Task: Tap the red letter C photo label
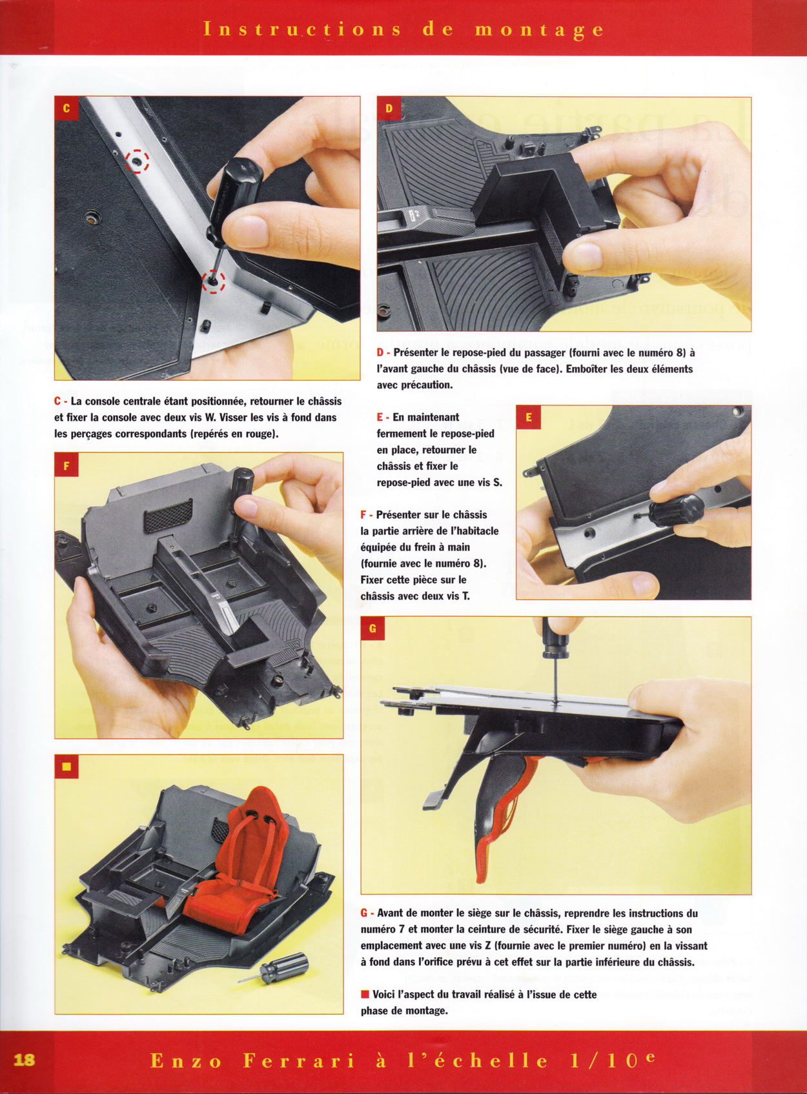pos(66,108)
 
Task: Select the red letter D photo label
pos(389,108)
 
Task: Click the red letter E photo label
pos(528,418)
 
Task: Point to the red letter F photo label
pos(66,465)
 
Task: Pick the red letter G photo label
pos(373,629)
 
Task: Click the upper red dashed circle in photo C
pos(137,161)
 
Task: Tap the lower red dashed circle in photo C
pos(214,282)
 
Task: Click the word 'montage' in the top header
pos(539,30)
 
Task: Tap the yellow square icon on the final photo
pos(67,766)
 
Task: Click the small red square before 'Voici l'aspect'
pos(364,994)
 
